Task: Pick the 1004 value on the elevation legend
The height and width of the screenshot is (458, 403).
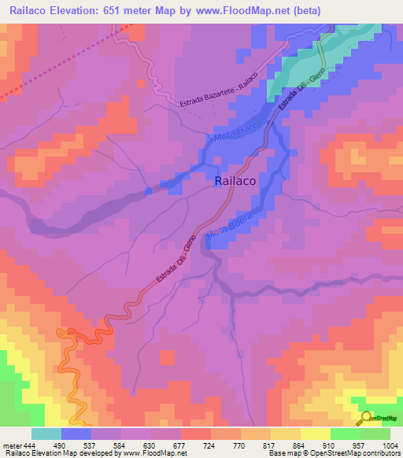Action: pos(390,445)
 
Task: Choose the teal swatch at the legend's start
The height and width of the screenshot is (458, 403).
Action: pos(46,434)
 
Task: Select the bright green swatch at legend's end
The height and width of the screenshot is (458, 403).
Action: pos(375,434)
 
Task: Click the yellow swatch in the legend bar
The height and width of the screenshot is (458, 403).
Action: pos(316,434)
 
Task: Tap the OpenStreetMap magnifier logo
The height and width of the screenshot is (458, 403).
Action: pos(366,418)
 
